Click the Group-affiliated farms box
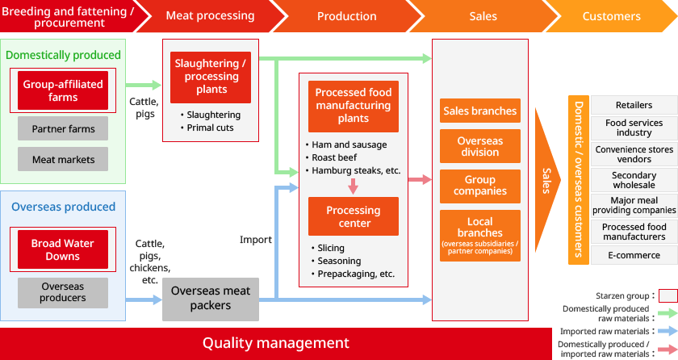(x=63, y=90)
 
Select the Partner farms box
(x=63, y=128)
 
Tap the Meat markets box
(x=63, y=160)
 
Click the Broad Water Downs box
(x=63, y=249)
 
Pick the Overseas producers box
(x=63, y=292)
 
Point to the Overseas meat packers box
(x=211, y=298)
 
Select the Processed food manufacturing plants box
(x=354, y=106)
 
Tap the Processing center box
(x=354, y=216)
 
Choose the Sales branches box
(x=480, y=111)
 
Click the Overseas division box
(x=480, y=147)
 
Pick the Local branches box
(x=480, y=235)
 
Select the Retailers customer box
(x=634, y=105)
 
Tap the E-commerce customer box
(x=634, y=255)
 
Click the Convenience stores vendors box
(x=634, y=154)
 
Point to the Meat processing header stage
(x=210, y=15)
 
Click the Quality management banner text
(x=275, y=343)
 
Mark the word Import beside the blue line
(x=256, y=240)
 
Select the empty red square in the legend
(x=668, y=295)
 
